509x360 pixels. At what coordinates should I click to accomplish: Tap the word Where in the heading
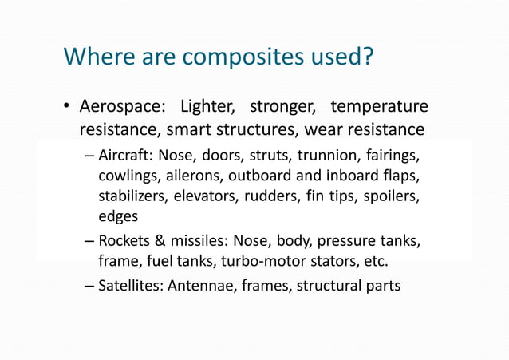click(x=94, y=57)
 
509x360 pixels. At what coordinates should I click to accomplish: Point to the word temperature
click(x=379, y=107)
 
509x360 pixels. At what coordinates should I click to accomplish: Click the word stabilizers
click(x=133, y=196)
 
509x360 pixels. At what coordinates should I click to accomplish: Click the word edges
click(x=117, y=216)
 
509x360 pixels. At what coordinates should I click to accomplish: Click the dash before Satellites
click(x=89, y=285)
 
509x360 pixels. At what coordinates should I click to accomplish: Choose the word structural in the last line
click(x=329, y=285)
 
